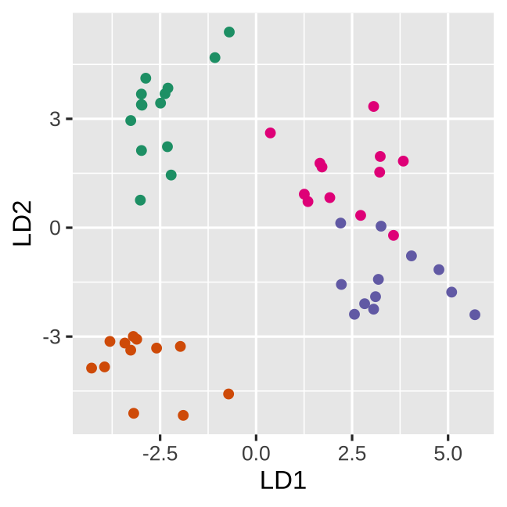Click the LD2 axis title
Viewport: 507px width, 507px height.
point(23,223)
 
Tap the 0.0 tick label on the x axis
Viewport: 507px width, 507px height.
point(256,453)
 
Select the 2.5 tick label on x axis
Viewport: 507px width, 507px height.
point(351,453)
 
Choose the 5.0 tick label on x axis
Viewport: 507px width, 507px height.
point(448,453)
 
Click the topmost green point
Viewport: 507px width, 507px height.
point(229,32)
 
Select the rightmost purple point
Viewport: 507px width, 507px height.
point(475,315)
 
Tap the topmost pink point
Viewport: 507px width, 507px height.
point(374,106)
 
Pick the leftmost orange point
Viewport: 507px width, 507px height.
point(92,368)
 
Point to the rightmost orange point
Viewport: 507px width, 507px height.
point(228,394)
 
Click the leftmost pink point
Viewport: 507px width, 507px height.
point(271,133)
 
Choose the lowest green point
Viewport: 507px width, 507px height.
point(140,200)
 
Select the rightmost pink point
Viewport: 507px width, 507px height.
point(404,161)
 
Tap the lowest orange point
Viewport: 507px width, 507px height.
point(183,415)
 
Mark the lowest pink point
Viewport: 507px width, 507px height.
point(394,236)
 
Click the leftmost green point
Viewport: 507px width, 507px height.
point(131,120)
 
